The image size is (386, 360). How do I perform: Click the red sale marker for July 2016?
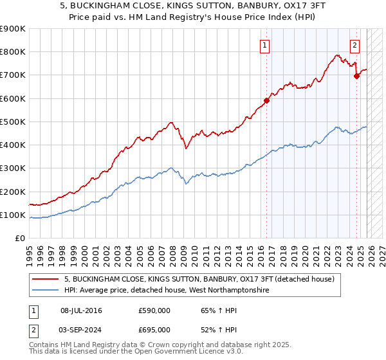[266, 100]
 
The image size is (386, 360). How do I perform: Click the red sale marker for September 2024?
[357, 76]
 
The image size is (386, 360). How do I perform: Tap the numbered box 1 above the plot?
[265, 45]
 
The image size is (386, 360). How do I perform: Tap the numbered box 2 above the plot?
[354, 45]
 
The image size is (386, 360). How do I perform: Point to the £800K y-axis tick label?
[12, 52]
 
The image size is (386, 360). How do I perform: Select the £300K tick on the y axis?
[12, 168]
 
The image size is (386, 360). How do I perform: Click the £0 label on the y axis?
[19, 239]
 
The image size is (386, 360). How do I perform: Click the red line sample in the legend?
[46, 280]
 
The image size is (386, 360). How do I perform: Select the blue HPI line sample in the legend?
[46, 291]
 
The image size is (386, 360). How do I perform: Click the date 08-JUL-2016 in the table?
[81, 310]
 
